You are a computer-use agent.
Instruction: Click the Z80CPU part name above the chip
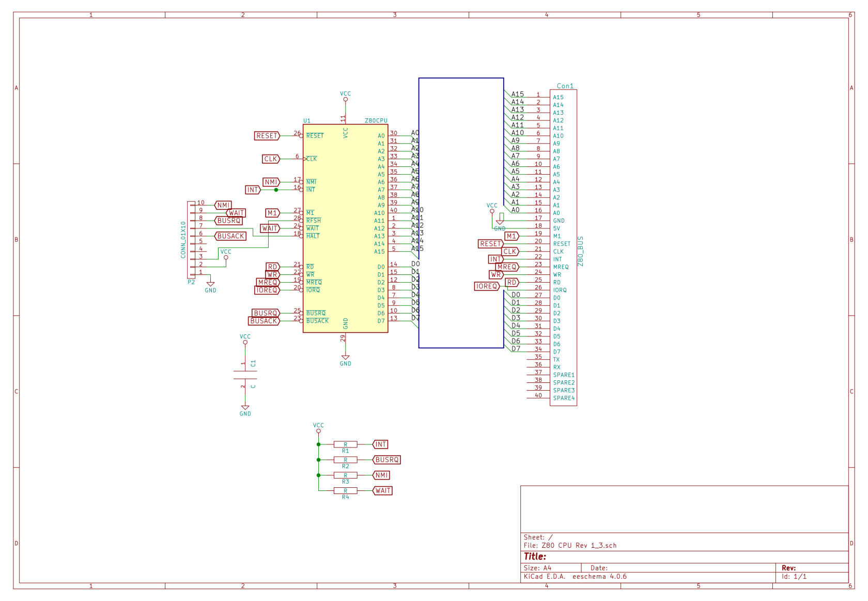(x=376, y=120)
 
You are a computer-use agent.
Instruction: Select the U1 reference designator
(x=307, y=120)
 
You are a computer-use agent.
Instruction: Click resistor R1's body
(x=345, y=444)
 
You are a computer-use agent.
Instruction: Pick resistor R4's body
(x=345, y=490)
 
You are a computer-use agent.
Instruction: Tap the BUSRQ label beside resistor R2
(x=386, y=459)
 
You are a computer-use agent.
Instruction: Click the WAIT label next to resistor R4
(x=382, y=490)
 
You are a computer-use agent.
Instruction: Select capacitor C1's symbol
(x=245, y=375)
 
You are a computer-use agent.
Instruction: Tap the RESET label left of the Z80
(x=267, y=136)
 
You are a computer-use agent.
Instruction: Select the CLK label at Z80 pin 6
(x=270, y=159)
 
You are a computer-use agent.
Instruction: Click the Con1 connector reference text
(x=565, y=86)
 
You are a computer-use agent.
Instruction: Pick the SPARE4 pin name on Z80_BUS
(x=564, y=398)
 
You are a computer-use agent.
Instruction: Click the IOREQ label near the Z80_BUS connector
(x=487, y=286)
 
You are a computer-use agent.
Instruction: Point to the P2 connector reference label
(x=191, y=282)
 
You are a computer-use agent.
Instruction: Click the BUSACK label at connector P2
(x=230, y=236)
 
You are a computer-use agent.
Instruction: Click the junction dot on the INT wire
(x=276, y=190)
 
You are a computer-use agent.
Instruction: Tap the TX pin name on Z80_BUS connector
(x=556, y=359)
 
